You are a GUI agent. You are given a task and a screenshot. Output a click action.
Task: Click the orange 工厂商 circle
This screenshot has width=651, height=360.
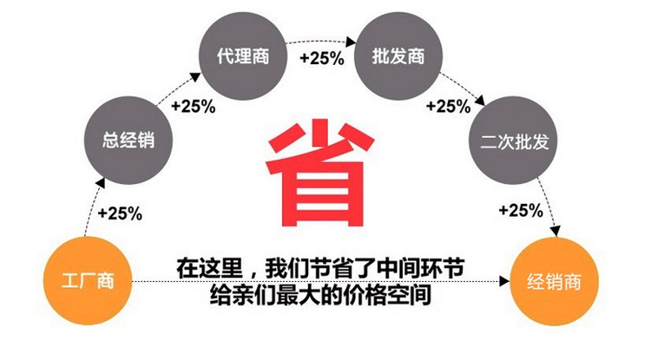tap(88, 281)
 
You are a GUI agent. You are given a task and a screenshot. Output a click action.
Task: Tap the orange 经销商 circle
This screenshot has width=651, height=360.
tap(554, 282)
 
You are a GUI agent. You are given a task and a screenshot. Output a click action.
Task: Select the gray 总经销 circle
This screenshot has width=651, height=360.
tap(128, 141)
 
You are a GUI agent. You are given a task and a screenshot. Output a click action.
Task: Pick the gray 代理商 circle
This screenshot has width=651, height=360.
tap(243, 56)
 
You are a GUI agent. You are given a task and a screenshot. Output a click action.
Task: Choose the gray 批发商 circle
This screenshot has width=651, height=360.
tap(398, 56)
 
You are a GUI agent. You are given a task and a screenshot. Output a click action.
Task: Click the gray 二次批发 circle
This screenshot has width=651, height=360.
tap(514, 141)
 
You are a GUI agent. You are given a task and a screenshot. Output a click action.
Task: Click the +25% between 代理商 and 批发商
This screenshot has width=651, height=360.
tap(322, 58)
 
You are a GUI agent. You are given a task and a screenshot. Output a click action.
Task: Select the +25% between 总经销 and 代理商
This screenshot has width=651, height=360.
tap(193, 106)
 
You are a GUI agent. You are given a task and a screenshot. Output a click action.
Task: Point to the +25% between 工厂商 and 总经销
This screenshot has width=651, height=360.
tap(120, 213)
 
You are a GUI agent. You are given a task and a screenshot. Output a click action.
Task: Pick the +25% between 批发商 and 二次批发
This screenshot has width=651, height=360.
tap(449, 106)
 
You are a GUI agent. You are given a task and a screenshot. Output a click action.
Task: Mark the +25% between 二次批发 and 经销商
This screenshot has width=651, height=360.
tap(521, 210)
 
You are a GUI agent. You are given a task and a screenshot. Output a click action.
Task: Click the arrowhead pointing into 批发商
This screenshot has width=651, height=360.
tap(351, 42)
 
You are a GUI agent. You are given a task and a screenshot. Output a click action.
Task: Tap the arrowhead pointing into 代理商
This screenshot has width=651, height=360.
tap(195, 77)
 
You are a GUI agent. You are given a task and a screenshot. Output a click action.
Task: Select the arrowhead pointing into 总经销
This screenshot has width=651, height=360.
tap(100, 184)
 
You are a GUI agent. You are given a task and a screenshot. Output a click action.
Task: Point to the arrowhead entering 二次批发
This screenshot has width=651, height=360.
tap(480, 101)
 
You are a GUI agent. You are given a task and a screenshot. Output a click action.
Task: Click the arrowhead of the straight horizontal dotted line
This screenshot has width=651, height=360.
tap(504, 281)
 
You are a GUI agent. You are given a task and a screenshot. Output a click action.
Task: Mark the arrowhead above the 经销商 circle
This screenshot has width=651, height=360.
tap(556, 231)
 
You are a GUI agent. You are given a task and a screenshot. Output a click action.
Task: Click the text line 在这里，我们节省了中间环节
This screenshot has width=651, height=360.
tap(320, 269)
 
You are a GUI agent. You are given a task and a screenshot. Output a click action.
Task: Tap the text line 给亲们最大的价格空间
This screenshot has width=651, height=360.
tap(320, 295)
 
